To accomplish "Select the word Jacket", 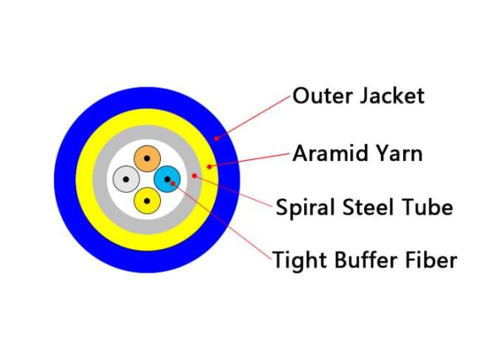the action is pos(392,96).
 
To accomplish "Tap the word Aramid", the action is pos(332,153).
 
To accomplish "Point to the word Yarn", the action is pos(400,153).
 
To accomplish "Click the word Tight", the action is pos(299,260).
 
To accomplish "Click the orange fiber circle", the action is pos(147,159).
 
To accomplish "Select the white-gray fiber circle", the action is pos(126,179).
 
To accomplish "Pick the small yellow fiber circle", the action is pos(147,201).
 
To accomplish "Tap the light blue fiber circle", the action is pos(167,179).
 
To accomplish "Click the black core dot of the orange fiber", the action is pos(147,159).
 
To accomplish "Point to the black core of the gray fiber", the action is pos(126,179).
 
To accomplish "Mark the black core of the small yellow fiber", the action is pos(147,201).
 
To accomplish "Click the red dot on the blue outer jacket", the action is pos(216,138).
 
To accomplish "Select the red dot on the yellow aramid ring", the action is pos(210,167).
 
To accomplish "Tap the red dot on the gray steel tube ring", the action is pos(194,176).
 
